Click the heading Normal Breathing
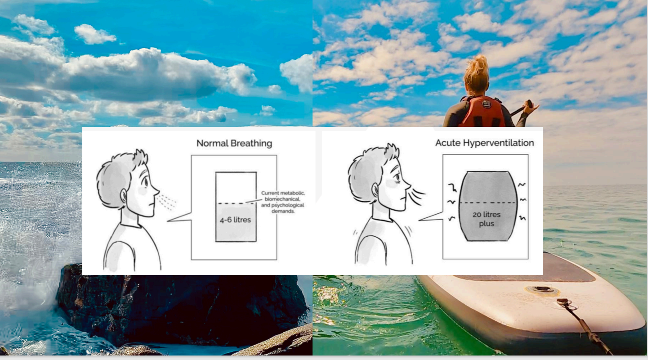pyautogui.click(x=234, y=144)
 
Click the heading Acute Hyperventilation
pyautogui.click(x=484, y=143)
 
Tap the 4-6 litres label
pyautogui.click(x=235, y=220)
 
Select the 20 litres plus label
pyautogui.click(x=486, y=219)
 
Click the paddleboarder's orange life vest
pyautogui.click(x=482, y=112)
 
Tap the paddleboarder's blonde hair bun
pyautogui.click(x=477, y=67)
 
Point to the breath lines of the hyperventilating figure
pyautogui.click(x=418, y=196)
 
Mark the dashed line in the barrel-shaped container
pyautogui.click(x=486, y=203)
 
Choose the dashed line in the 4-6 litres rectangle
pyautogui.click(x=236, y=204)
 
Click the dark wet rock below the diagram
pyautogui.click(x=180, y=306)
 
